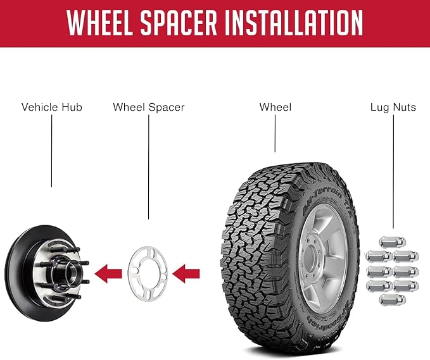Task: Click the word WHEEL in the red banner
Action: (x=100, y=22)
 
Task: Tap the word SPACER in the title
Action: (x=179, y=22)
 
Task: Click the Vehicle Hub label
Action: (x=52, y=107)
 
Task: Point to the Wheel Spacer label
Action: (x=149, y=107)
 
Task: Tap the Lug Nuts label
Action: (x=393, y=107)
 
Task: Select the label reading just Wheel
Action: (x=275, y=107)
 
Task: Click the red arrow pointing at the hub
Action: (x=108, y=274)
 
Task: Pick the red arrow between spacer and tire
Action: (x=186, y=274)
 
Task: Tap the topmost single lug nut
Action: (x=393, y=242)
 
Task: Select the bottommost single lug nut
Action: (x=393, y=299)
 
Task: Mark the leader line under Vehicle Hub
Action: (x=51, y=151)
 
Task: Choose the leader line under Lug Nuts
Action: (x=393, y=171)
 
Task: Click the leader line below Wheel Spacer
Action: (x=149, y=167)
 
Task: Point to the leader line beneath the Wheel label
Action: (x=275, y=133)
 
